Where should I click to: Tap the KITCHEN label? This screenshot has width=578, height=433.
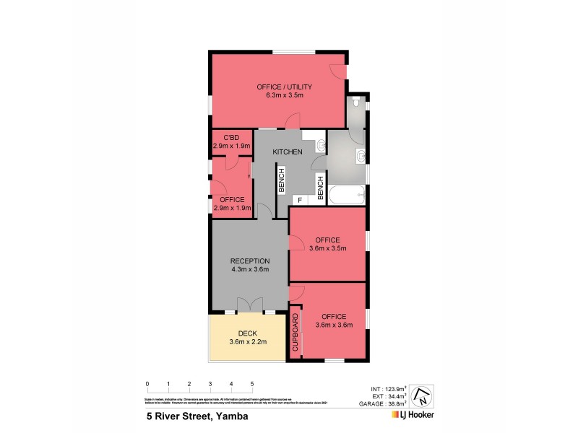coord(287,152)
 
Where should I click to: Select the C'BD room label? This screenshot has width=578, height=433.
coord(231,137)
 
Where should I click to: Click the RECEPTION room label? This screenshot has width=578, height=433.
coord(249,261)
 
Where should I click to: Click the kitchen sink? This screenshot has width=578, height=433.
coord(321,146)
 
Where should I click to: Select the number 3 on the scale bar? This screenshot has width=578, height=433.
coord(210,384)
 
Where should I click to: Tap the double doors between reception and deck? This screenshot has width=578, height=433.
coord(249,306)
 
